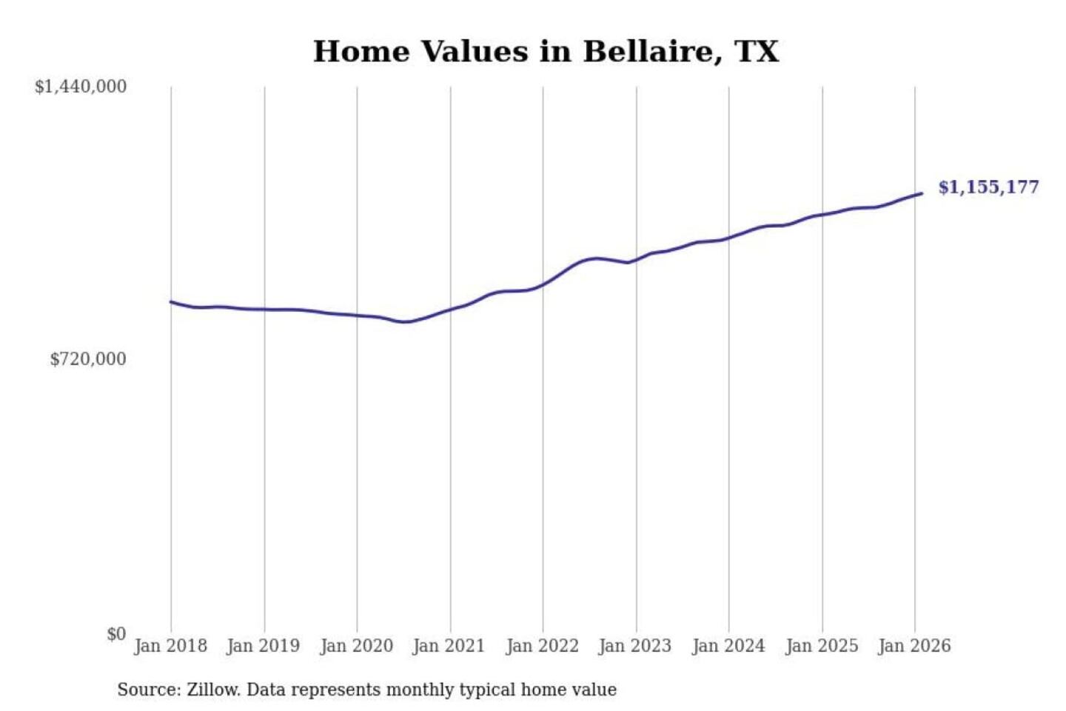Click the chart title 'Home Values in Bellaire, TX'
(x=546, y=52)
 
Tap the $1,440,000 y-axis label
(x=81, y=87)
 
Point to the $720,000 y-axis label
(x=88, y=359)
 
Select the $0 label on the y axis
(x=116, y=634)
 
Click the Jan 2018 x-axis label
(x=170, y=646)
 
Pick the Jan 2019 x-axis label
(x=263, y=646)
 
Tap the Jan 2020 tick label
(x=356, y=646)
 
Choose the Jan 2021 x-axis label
(x=449, y=646)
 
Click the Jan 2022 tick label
(x=542, y=646)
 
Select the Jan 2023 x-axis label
(x=634, y=646)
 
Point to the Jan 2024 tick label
(x=728, y=646)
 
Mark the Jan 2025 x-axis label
(x=821, y=646)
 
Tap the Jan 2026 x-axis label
(x=914, y=646)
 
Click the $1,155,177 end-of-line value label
(x=988, y=187)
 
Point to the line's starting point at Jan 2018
(x=171, y=302)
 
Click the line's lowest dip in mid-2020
(x=405, y=322)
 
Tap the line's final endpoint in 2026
(x=922, y=193)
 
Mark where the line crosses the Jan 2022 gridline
(x=543, y=284)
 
